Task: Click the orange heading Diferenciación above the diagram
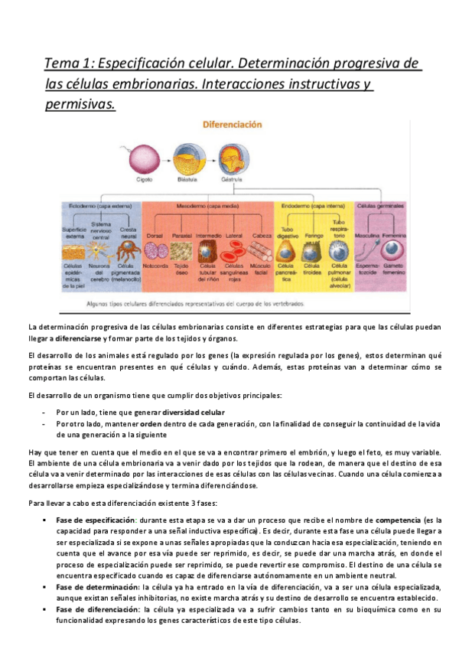click(231, 124)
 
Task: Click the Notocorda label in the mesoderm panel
click(156, 266)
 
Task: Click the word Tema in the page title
click(60, 63)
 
